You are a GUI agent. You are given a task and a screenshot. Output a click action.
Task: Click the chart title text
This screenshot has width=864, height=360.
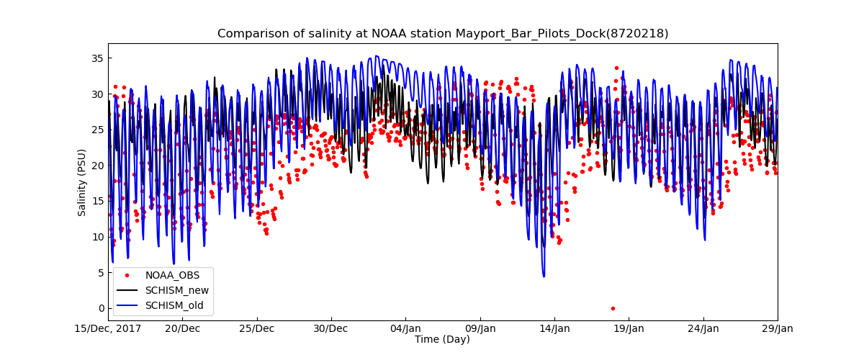click(x=443, y=34)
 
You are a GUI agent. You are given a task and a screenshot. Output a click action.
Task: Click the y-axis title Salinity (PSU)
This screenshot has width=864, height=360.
click(x=82, y=182)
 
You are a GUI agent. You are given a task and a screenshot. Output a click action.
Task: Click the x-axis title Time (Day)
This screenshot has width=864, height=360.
click(x=442, y=340)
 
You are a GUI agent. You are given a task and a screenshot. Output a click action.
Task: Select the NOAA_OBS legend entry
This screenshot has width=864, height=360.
click(x=172, y=274)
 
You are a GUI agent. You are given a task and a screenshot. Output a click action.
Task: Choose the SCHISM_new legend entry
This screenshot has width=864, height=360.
click(x=176, y=290)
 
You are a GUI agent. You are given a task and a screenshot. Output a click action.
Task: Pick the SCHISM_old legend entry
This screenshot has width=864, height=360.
click(x=174, y=305)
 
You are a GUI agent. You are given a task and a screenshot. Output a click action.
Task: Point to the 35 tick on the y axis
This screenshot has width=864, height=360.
click(x=98, y=58)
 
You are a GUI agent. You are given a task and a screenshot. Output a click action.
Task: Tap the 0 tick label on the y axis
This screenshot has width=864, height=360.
click(x=101, y=308)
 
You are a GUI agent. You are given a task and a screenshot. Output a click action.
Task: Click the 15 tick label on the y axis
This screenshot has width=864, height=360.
click(x=98, y=201)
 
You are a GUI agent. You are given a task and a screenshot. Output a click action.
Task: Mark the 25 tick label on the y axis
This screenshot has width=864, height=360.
click(x=98, y=130)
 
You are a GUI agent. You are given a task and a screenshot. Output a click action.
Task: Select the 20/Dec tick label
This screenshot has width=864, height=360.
click(x=183, y=329)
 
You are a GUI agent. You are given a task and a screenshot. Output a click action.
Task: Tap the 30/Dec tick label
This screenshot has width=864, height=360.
click(x=331, y=329)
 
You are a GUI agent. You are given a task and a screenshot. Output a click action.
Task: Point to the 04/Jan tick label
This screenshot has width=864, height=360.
click(x=405, y=329)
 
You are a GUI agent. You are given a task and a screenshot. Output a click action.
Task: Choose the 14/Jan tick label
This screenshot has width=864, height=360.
click(x=554, y=329)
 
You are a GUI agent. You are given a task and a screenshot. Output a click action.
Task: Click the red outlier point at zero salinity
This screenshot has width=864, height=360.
click(x=613, y=308)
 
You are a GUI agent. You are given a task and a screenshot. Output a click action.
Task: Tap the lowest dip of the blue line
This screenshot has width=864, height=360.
click(x=544, y=276)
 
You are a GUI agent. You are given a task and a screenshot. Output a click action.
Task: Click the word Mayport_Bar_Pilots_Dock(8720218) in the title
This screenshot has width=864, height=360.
click(x=562, y=34)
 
